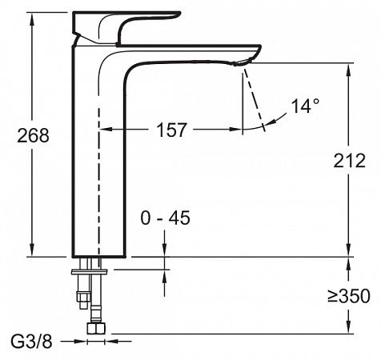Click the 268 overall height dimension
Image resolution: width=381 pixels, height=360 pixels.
coord(33,135)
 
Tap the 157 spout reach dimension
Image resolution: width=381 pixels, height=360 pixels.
coord(171,130)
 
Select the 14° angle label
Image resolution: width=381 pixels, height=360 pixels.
coord(305,106)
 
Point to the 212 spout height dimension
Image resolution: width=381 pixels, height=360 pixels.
coord(349,161)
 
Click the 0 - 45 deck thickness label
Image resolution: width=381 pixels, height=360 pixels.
coord(166,218)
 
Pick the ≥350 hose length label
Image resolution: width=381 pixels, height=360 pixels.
coord(349,296)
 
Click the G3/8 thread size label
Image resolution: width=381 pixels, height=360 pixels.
coord(31,342)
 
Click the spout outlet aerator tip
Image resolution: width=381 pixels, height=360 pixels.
coord(242,62)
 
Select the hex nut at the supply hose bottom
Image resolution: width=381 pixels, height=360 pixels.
coord(96,329)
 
